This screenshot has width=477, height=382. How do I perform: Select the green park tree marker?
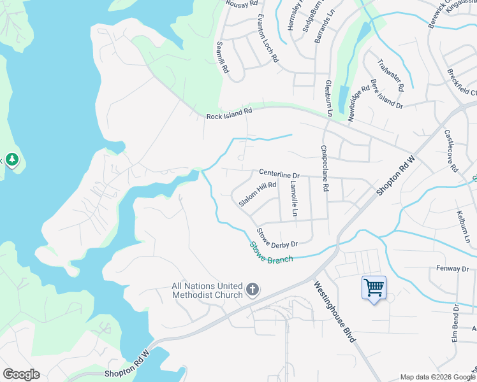pyautogui.click(x=11, y=159)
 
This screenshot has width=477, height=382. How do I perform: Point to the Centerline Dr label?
pyautogui.click(x=279, y=174)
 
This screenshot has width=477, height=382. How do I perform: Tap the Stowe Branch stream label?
pyautogui.click(x=271, y=252)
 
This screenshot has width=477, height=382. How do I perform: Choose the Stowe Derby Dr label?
pyautogui.click(x=277, y=237)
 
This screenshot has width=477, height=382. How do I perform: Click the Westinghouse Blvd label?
pyautogui.click(x=334, y=313)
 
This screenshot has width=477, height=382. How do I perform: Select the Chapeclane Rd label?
pyautogui.click(x=325, y=169)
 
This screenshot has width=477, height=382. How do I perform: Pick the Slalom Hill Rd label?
pyautogui.click(x=258, y=194)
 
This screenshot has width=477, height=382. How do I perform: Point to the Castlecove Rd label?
pyautogui.click(x=452, y=152)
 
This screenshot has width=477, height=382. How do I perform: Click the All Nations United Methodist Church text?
pyautogui.click(x=207, y=291)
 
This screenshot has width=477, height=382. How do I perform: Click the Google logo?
pyautogui.click(x=21, y=374)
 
